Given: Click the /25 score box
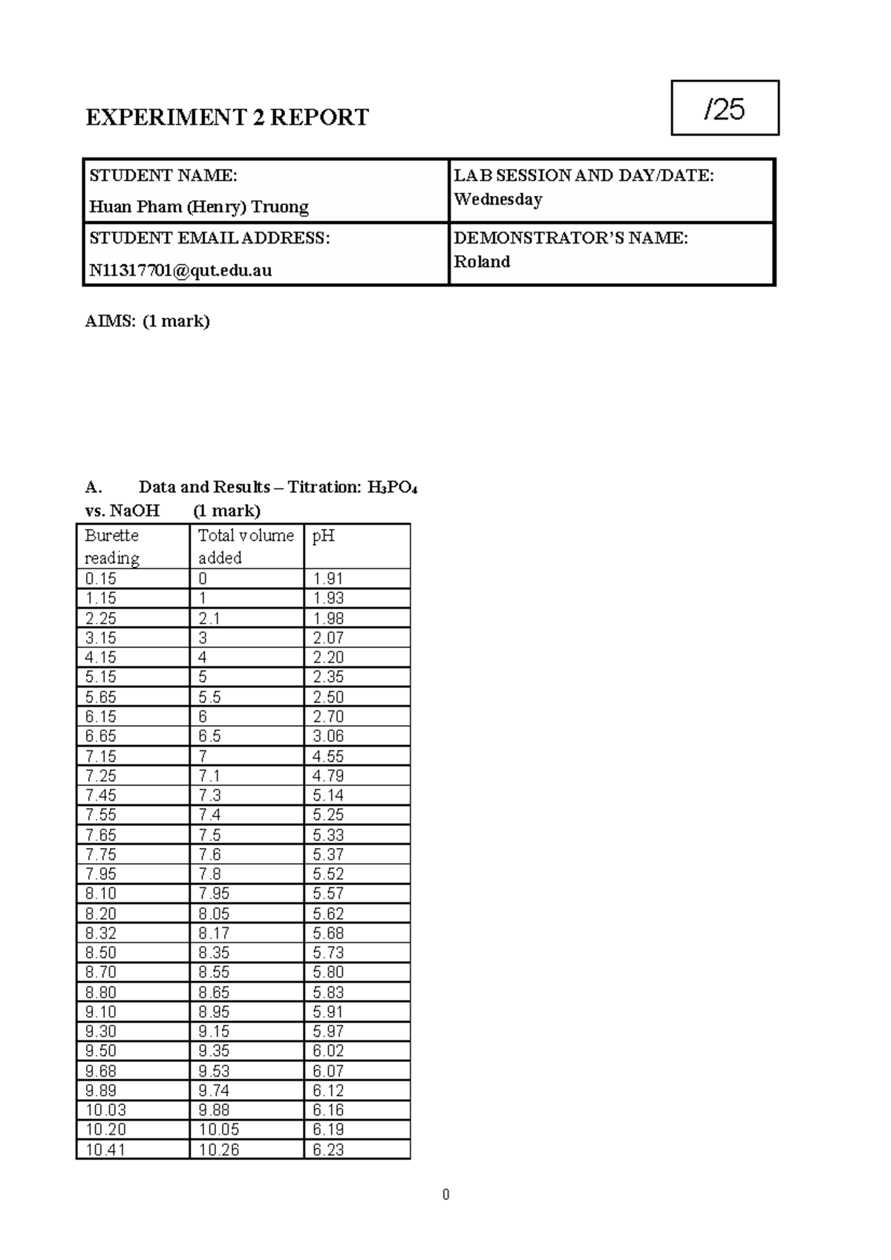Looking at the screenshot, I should point(725,108).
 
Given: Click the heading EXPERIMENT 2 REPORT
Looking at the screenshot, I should point(226,117).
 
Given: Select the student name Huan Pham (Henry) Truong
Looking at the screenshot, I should point(199,206).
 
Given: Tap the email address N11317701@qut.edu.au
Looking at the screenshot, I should point(180,270).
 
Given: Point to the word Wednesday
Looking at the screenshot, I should point(497,199).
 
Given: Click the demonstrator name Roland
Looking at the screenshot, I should point(482,261).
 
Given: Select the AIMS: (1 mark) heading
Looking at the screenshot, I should point(148,321).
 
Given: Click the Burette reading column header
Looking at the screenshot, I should point(112,546).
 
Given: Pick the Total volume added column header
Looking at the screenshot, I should point(246,546).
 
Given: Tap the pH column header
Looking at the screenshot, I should point(323,536).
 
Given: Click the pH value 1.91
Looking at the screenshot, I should point(327,579).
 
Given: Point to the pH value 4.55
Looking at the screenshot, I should point(327,756).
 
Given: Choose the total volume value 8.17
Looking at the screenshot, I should point(214,933).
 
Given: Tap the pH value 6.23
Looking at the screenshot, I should point(327,1149).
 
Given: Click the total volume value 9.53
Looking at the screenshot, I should point(214,1071).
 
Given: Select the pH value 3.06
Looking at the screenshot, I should point(327,736).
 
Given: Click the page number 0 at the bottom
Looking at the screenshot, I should point(446,1195).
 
